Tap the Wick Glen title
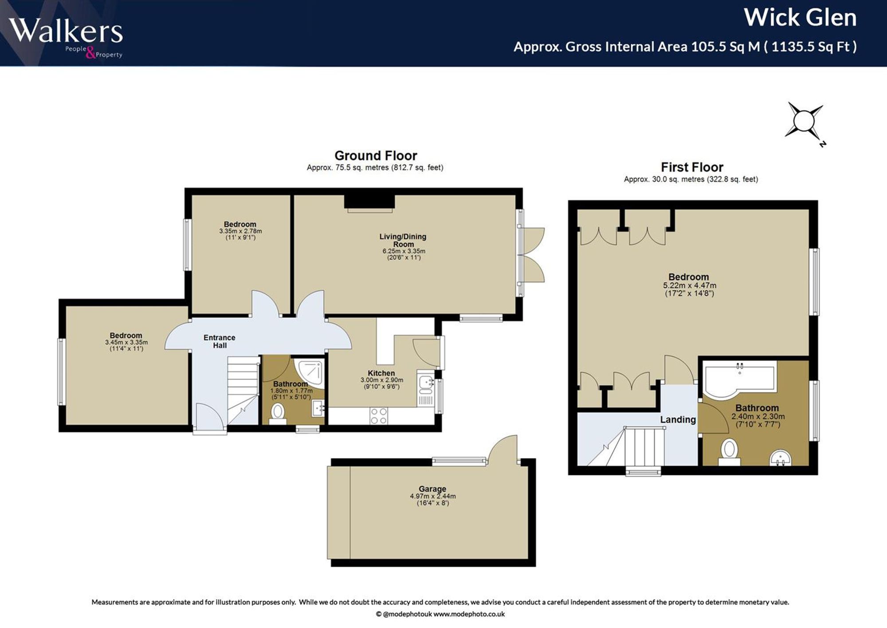click(x=800, y=18)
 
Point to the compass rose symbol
click(x=805, y=123)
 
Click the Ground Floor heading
click(x=376, y=156)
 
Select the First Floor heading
click(x=692, y=167)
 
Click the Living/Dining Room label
click(x=403, y=241)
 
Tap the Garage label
click(x=432, y=489)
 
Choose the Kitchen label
click(x=381, y=373)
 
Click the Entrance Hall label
click(x=220, y=341)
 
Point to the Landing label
click(x=678, y=419)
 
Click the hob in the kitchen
click(x=379, y=416)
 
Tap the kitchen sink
click(x=426, y=384)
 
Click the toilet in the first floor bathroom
click(x=729, y=452)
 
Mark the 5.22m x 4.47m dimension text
click(x=689, y=285)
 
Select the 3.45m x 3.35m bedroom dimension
click(x=126, y=342)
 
